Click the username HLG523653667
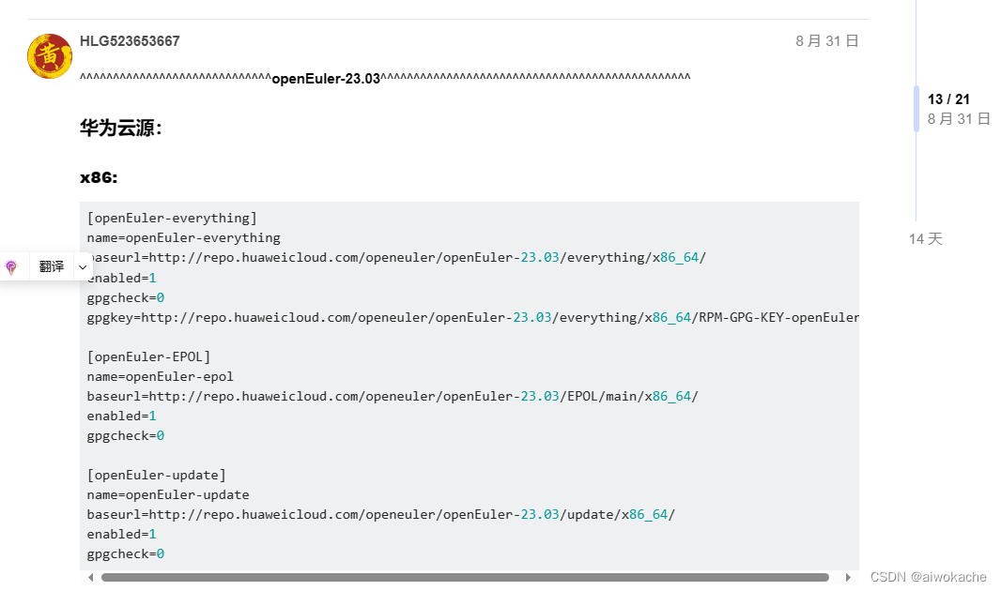point(130,41)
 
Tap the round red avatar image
point(50,56)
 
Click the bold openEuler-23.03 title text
point(326,79)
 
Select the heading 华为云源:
point(121,129)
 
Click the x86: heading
point(99,177)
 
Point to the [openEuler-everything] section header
point(172,218)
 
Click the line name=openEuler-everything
point(184,237)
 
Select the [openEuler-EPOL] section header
point(149,356)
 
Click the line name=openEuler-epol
point(161,376)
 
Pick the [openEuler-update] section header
point(157,475)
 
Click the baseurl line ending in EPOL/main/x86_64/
point(393,396)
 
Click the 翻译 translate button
point(52,266)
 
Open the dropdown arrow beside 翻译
point(83,267)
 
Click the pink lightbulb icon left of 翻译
point(11,267)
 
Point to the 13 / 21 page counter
point(948,99)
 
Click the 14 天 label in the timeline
point(925,239)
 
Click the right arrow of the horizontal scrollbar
point(848,577)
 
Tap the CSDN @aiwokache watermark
point(928,577)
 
